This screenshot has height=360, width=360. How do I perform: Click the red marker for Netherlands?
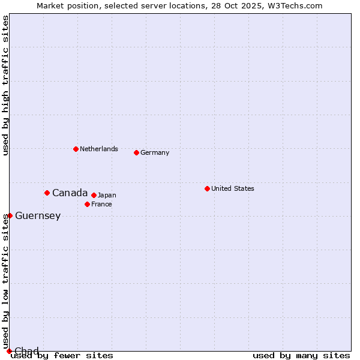pyautogui.click(x=76, y=149)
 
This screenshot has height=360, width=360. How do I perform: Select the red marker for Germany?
pyautogui.click(x=136, y=152)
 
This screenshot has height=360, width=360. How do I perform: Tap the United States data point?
pyautogui.click(x=207, y=188)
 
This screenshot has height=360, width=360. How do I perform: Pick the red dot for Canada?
pyautogui.click(x=47, y=193)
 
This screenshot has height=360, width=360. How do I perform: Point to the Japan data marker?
pyautogui.click(x=94, y=195)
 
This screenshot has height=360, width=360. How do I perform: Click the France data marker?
pyautogui.click(x=87, y=204)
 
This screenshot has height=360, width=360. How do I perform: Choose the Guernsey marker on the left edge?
pyautogui.click(x=10, y=215)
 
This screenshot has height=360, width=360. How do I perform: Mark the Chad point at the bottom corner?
pyautogui.click(x=9, y=351)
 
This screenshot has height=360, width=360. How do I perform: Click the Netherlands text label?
pyautogui.click(x=99, y=149)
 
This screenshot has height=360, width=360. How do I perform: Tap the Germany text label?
pyautogui.click(x=155, y=152)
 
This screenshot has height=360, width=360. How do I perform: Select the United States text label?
pyautogui.click(x=233, y=188)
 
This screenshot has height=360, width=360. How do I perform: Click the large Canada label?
pyautogui.click(x=70, y=193)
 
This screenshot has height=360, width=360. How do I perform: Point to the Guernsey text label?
pyautogui.click(x=38, y=216)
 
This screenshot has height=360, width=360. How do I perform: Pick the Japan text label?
pyautogui.click(x=107, y=195)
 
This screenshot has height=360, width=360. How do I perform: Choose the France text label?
pyautogui.click(x=101, y=204)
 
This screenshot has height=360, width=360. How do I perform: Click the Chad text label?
pyautogui.click(x=26, y=351)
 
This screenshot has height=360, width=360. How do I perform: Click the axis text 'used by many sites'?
pyautogui.click(x=301, y=356)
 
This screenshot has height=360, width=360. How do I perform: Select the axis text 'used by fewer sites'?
pyautogui.click(x=62, y=356)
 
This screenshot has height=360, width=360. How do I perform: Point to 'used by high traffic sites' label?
pyautogui.click(x=5, y=85)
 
